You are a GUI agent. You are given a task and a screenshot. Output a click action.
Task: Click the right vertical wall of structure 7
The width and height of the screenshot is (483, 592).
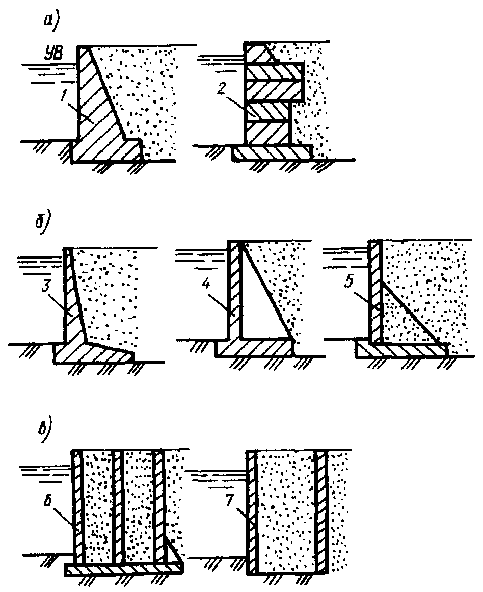coord(320,510)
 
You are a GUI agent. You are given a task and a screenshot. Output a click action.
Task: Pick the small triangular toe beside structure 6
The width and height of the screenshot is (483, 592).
coord(172,554)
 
